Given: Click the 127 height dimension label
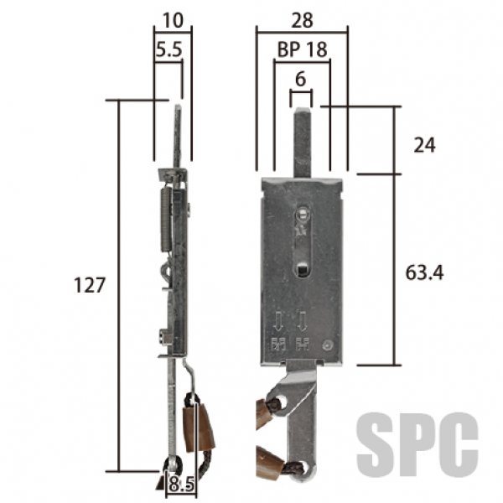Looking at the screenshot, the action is click(90, 285).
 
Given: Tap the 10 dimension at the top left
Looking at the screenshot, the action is click(174, 20).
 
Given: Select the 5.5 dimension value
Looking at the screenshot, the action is click(169, 49).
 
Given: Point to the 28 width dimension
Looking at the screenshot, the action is click(302, 20).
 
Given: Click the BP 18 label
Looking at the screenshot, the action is click(302, 49).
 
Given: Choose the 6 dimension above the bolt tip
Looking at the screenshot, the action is click(301, 79).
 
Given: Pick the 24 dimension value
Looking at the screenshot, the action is click(424, 145).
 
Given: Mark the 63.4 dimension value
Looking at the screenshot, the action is click(424, 273).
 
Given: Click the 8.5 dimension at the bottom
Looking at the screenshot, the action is click(181, 484).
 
